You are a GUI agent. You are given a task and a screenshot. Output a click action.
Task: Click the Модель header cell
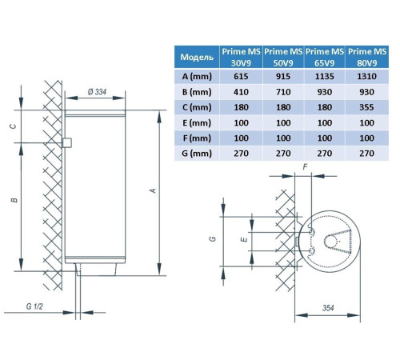[197, 57]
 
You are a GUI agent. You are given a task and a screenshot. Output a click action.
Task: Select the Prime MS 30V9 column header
[241, 57]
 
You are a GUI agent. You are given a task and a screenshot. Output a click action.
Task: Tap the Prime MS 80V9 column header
[367, 57]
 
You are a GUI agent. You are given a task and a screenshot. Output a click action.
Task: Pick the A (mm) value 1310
[366, 77]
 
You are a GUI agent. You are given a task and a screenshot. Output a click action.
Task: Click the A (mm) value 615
[241, 77]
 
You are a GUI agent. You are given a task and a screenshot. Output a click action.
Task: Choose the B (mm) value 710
[283, 92]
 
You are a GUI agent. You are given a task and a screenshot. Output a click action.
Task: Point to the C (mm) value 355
[366, 107]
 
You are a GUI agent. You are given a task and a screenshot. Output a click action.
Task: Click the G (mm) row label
[197, 154]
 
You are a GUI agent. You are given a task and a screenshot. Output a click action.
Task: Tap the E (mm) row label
[197, 123]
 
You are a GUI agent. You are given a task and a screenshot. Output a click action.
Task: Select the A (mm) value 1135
[325, 77]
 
